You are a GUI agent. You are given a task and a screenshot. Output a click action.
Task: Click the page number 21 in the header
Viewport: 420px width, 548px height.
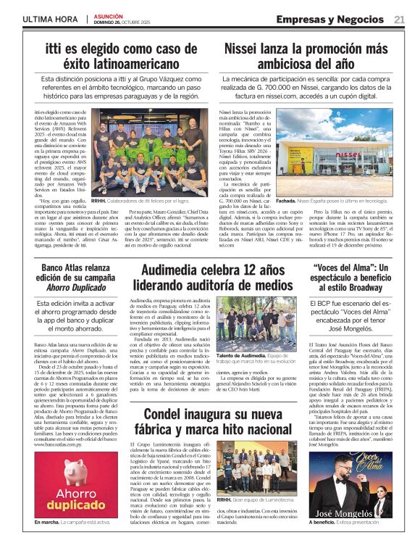(x=399, y=20)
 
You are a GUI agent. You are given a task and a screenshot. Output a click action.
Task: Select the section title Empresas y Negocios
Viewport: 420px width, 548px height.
(x=330, y=20)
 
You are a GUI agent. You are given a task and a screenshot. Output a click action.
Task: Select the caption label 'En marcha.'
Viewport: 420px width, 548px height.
(x=47, y=521)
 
